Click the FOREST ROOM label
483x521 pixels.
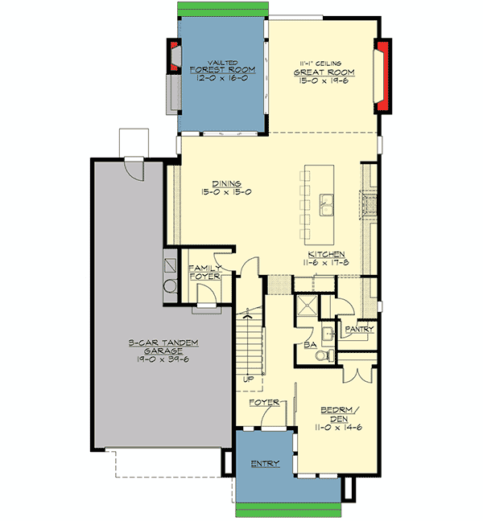point(222,71)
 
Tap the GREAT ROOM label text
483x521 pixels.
point(324,71)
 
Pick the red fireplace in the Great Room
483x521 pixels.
point(383,76)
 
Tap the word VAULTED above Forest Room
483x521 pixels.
point(222,62)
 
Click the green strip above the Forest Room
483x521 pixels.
point(222,7)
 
